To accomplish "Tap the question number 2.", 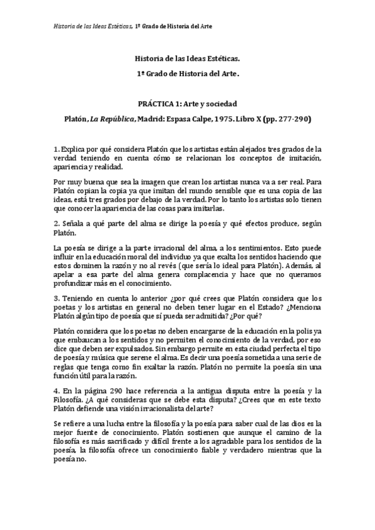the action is (56, 223).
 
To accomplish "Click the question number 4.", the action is (56, 390).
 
